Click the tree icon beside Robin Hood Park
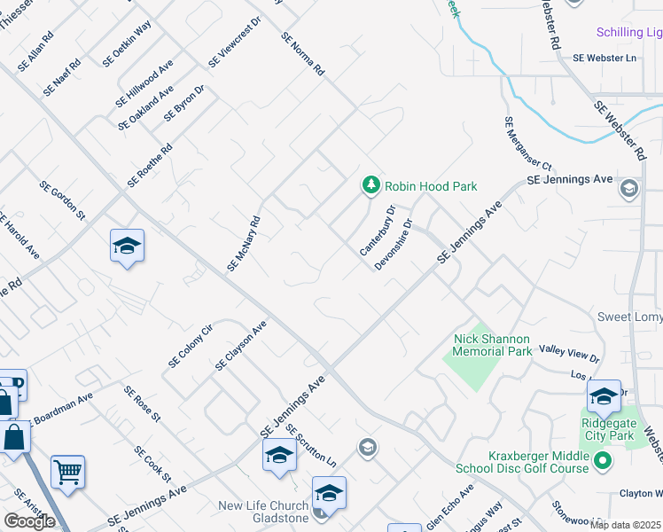(371, 185)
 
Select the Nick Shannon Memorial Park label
(491, 345)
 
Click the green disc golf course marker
(603, 460)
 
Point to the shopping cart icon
(67, 471)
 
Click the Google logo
(29, 521)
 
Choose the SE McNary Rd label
(243, 244)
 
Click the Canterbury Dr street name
(378, 231)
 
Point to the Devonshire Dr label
(394, 244)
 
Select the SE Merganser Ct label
(527, 144)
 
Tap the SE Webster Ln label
(604, 58)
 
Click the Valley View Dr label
(569, 355)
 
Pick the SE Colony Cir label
(191, 348)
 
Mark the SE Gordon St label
(62, 201)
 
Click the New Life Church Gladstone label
(264, 512)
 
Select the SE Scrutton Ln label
(311, 446)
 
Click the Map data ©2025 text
(625, 525)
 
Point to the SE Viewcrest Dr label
(235, 42)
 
